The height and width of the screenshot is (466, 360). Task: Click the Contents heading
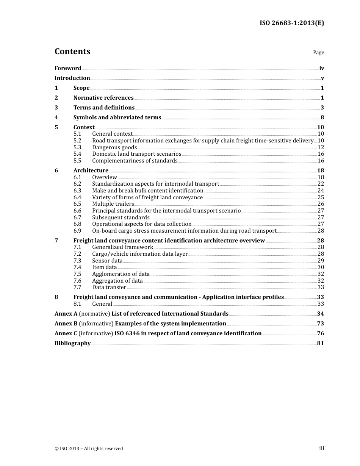tap(72, 52)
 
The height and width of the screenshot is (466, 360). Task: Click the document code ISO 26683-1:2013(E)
tap(291, 23)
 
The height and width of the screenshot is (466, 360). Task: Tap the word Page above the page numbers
tap(318, 53)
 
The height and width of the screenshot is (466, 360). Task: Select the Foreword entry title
tap(68, 68)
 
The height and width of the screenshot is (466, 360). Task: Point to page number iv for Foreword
tap(321, 68)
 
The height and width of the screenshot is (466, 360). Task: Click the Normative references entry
tap(103, 98)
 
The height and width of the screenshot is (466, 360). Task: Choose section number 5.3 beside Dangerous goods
tap(77, 147)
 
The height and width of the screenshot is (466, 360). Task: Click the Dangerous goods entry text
tap(114, 147)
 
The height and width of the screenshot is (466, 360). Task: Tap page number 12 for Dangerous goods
tap(321, 147)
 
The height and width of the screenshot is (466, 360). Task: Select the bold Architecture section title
tap(91, 170)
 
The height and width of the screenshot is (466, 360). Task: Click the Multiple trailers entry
tap(113, 204)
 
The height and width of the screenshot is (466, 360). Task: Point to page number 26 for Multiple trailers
tap(321, 204)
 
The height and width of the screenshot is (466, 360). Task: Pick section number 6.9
tap(77, 231)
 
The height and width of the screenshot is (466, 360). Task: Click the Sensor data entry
tap(107, 261)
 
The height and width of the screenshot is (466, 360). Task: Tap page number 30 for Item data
tap(321, 267)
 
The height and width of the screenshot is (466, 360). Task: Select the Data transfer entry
tap(109, 287)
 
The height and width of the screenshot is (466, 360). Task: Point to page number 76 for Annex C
tap(321, 333)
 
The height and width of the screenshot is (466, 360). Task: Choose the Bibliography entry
tap(72, 343)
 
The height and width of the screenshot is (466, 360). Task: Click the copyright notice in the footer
tap(89, 449)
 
